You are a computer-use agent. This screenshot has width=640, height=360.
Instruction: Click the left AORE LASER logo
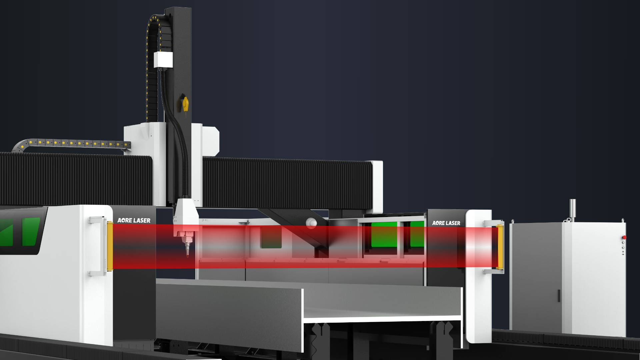[134, 220]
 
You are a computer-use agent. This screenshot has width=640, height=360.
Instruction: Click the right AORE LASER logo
[446, 223]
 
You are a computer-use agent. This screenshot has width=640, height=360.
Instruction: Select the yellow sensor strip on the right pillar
[500, 247]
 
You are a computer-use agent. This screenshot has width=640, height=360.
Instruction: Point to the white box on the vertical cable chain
[163, 60]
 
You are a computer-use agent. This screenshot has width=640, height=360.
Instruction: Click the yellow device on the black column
[185, 104]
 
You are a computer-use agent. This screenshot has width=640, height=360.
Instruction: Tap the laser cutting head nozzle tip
[187, 255]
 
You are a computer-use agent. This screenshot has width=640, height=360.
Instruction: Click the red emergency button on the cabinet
[624, 237]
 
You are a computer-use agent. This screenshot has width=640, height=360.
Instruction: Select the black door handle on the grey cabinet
[559, 296]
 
